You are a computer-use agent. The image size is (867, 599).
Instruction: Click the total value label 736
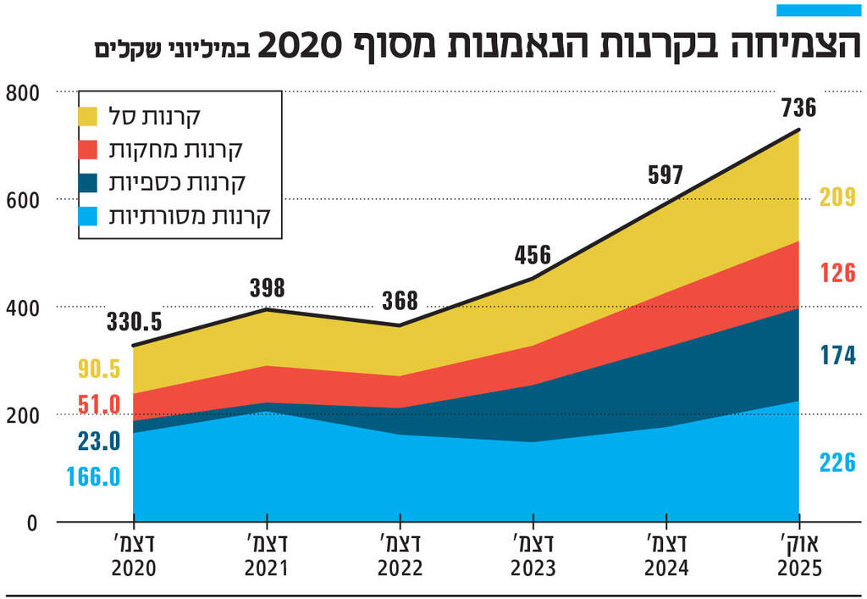pyautogui.click(x=798, y=108)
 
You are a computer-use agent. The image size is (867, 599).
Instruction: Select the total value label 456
pyautogui.click(x=533, y=255)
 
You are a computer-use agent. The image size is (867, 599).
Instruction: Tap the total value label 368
pyautogui.click(x=400, y=301)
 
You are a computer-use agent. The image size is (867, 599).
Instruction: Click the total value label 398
pyautogui.click(x=267, y=287)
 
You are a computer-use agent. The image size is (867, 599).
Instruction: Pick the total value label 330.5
pyautogui.click(x=134, y=323)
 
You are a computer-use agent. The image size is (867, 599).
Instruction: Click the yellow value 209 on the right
pyautogui.click(x=837, y=197)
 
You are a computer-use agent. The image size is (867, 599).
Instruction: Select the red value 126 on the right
pyautogui.click(x=837, y=273)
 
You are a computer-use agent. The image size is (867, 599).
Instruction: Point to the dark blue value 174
pyautogui.click(x=837, y=355)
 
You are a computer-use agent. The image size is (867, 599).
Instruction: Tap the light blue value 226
pyautogui.click(x=837, y=463)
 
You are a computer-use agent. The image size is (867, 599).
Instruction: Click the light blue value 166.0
pyautogui.click(x=93, y=476)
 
